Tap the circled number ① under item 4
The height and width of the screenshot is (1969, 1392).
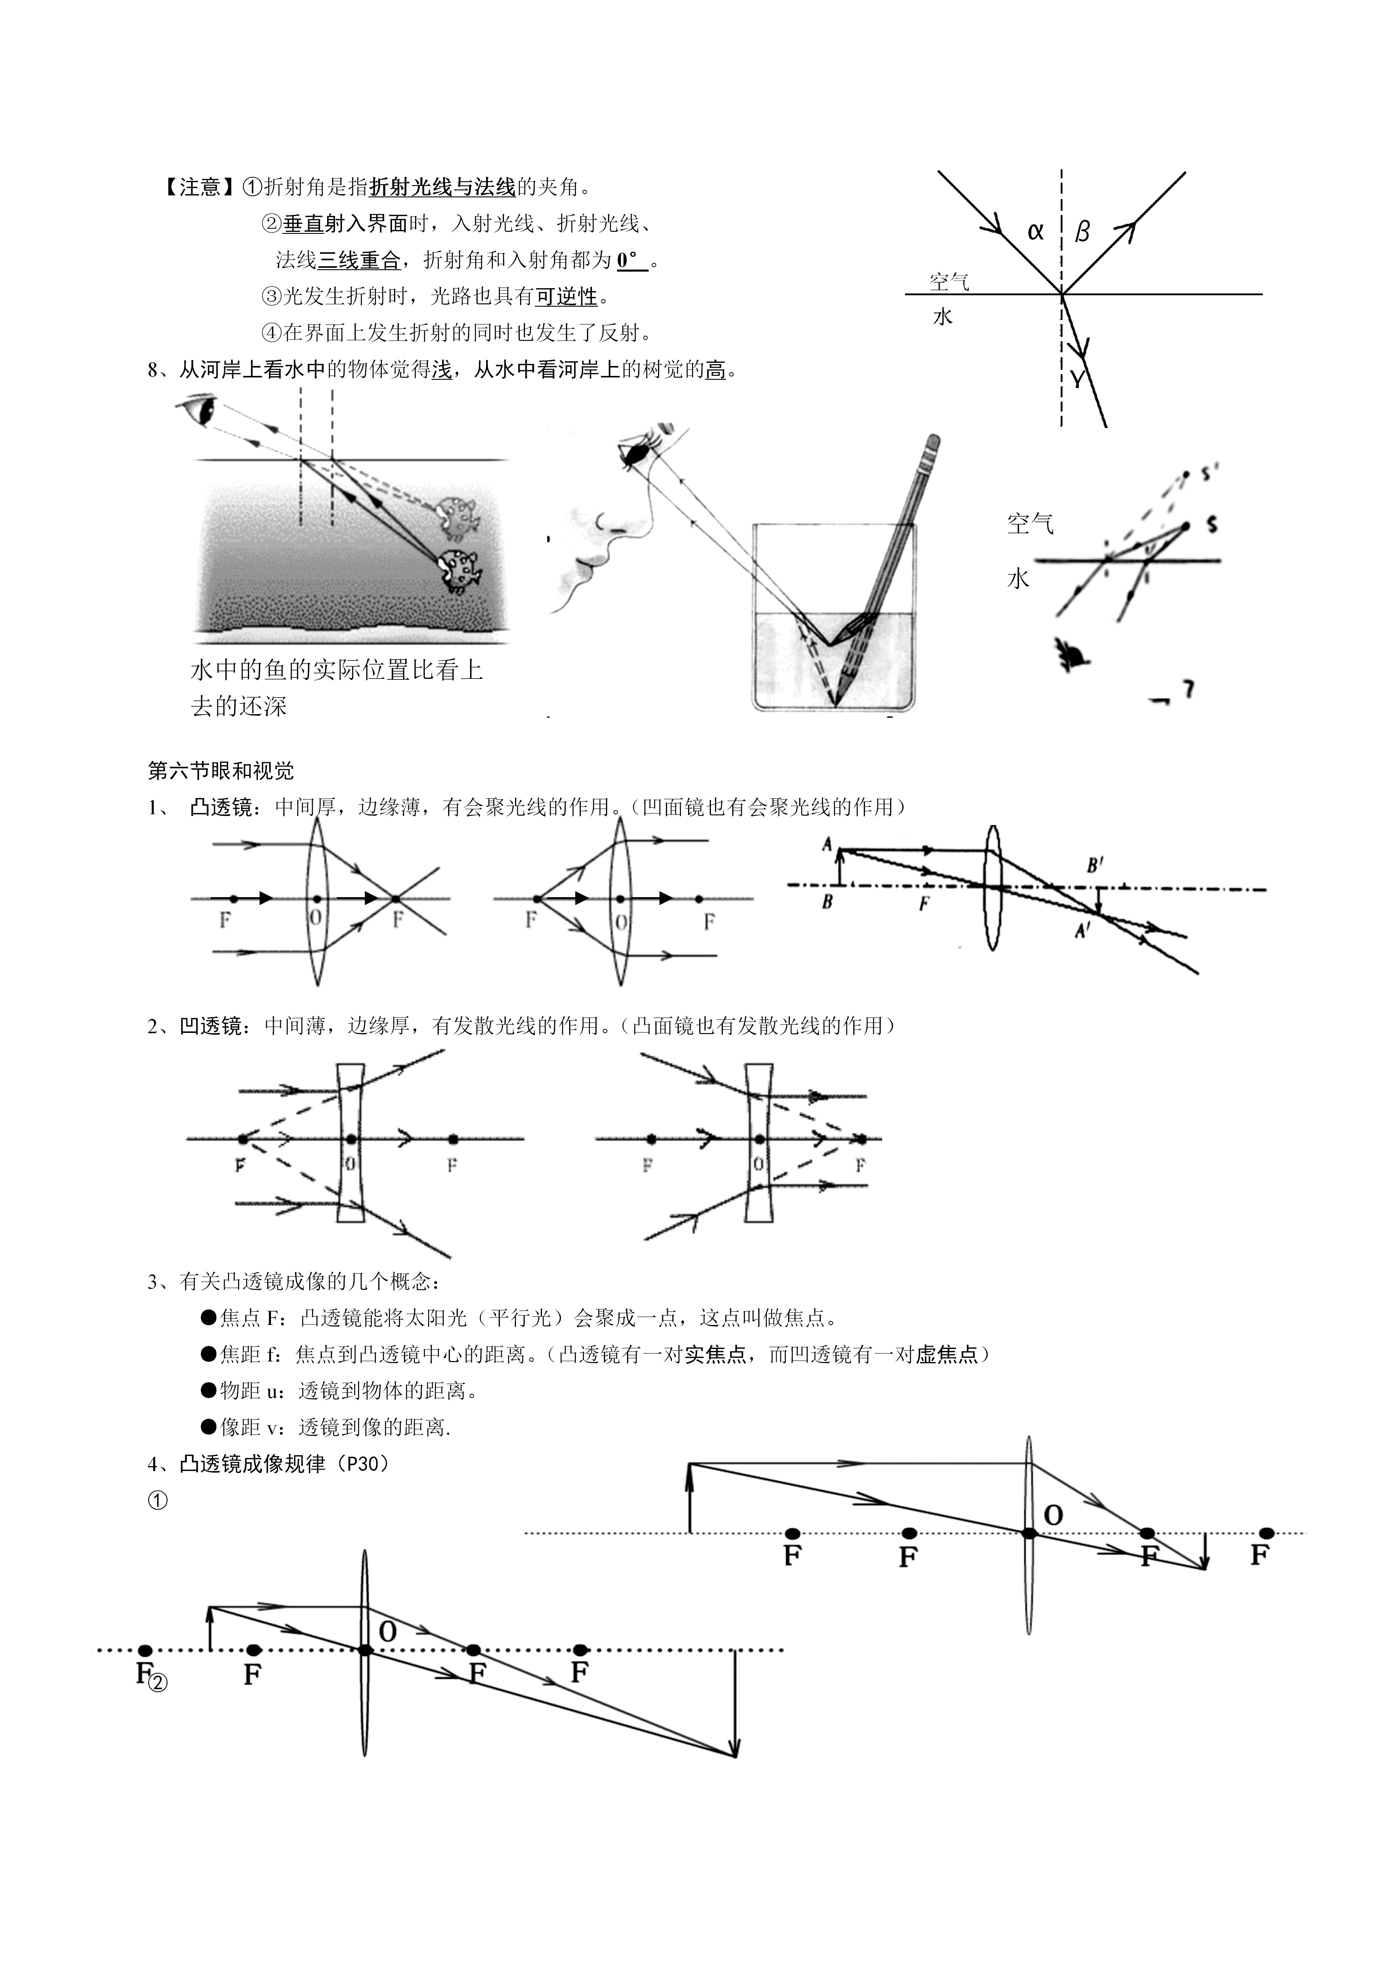pyautogui.click(x=158, y=1501)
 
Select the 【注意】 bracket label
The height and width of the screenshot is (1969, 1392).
pyautogui.click(x=196, y=187)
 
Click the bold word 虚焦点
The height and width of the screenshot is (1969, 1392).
pyautogui.click(x=946, y=1354)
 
